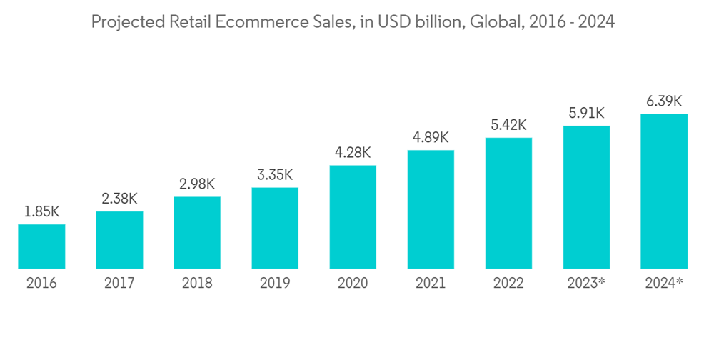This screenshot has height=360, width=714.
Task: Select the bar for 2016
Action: (x=41, y=246)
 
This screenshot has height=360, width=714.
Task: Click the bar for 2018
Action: (x=197, y=233)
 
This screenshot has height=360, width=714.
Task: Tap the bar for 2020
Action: (x=353, y=217)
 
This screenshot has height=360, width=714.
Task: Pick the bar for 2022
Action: (x=508, y=203)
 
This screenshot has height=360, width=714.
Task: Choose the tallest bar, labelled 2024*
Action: (x=664, y=191)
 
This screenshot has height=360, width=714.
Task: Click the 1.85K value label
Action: (x=41, y=212)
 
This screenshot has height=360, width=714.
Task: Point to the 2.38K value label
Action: (x=119, y=199)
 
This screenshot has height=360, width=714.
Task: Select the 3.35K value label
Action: (x=275, y=176)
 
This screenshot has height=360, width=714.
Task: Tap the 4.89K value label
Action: (x=431, y=138)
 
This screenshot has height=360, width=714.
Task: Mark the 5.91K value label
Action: (x=586, y=114)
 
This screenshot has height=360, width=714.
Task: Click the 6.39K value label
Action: (x=664, y=101)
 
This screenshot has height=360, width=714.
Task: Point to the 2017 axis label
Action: (x=119, y=284)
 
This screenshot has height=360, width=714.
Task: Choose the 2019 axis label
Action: (x=275, y=284)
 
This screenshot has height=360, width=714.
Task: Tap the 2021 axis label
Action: (x=431, y=284)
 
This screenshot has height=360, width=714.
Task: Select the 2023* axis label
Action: (x=586, y=284)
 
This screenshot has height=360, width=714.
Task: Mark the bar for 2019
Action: (x=275, y=228)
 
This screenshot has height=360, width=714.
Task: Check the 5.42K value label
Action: (x=508, y=125)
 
